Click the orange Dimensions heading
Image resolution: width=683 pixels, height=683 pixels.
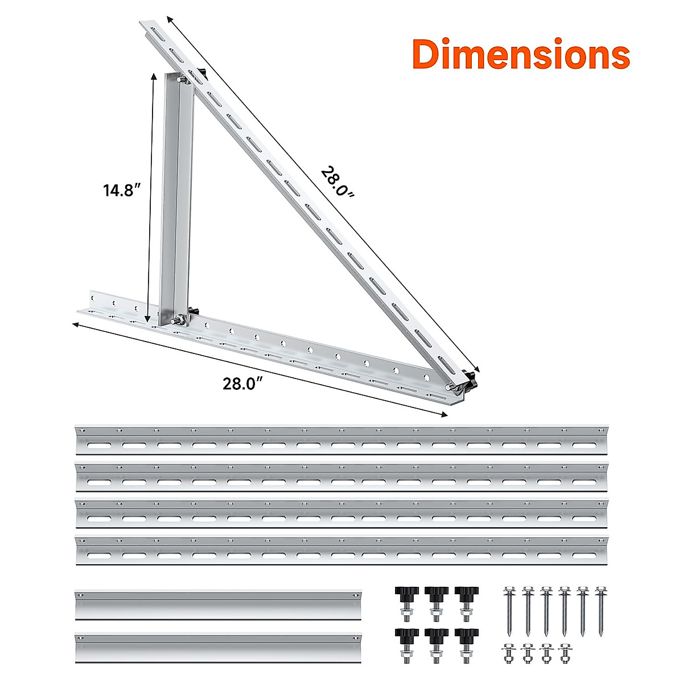coord(521,55)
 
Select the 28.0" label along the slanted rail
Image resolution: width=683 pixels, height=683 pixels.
coord(337,182)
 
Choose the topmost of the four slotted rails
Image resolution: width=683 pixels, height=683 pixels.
coord(341,439)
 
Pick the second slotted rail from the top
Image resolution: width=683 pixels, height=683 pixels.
coord(341,477)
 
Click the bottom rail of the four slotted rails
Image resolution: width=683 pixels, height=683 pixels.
coord(341,550)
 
